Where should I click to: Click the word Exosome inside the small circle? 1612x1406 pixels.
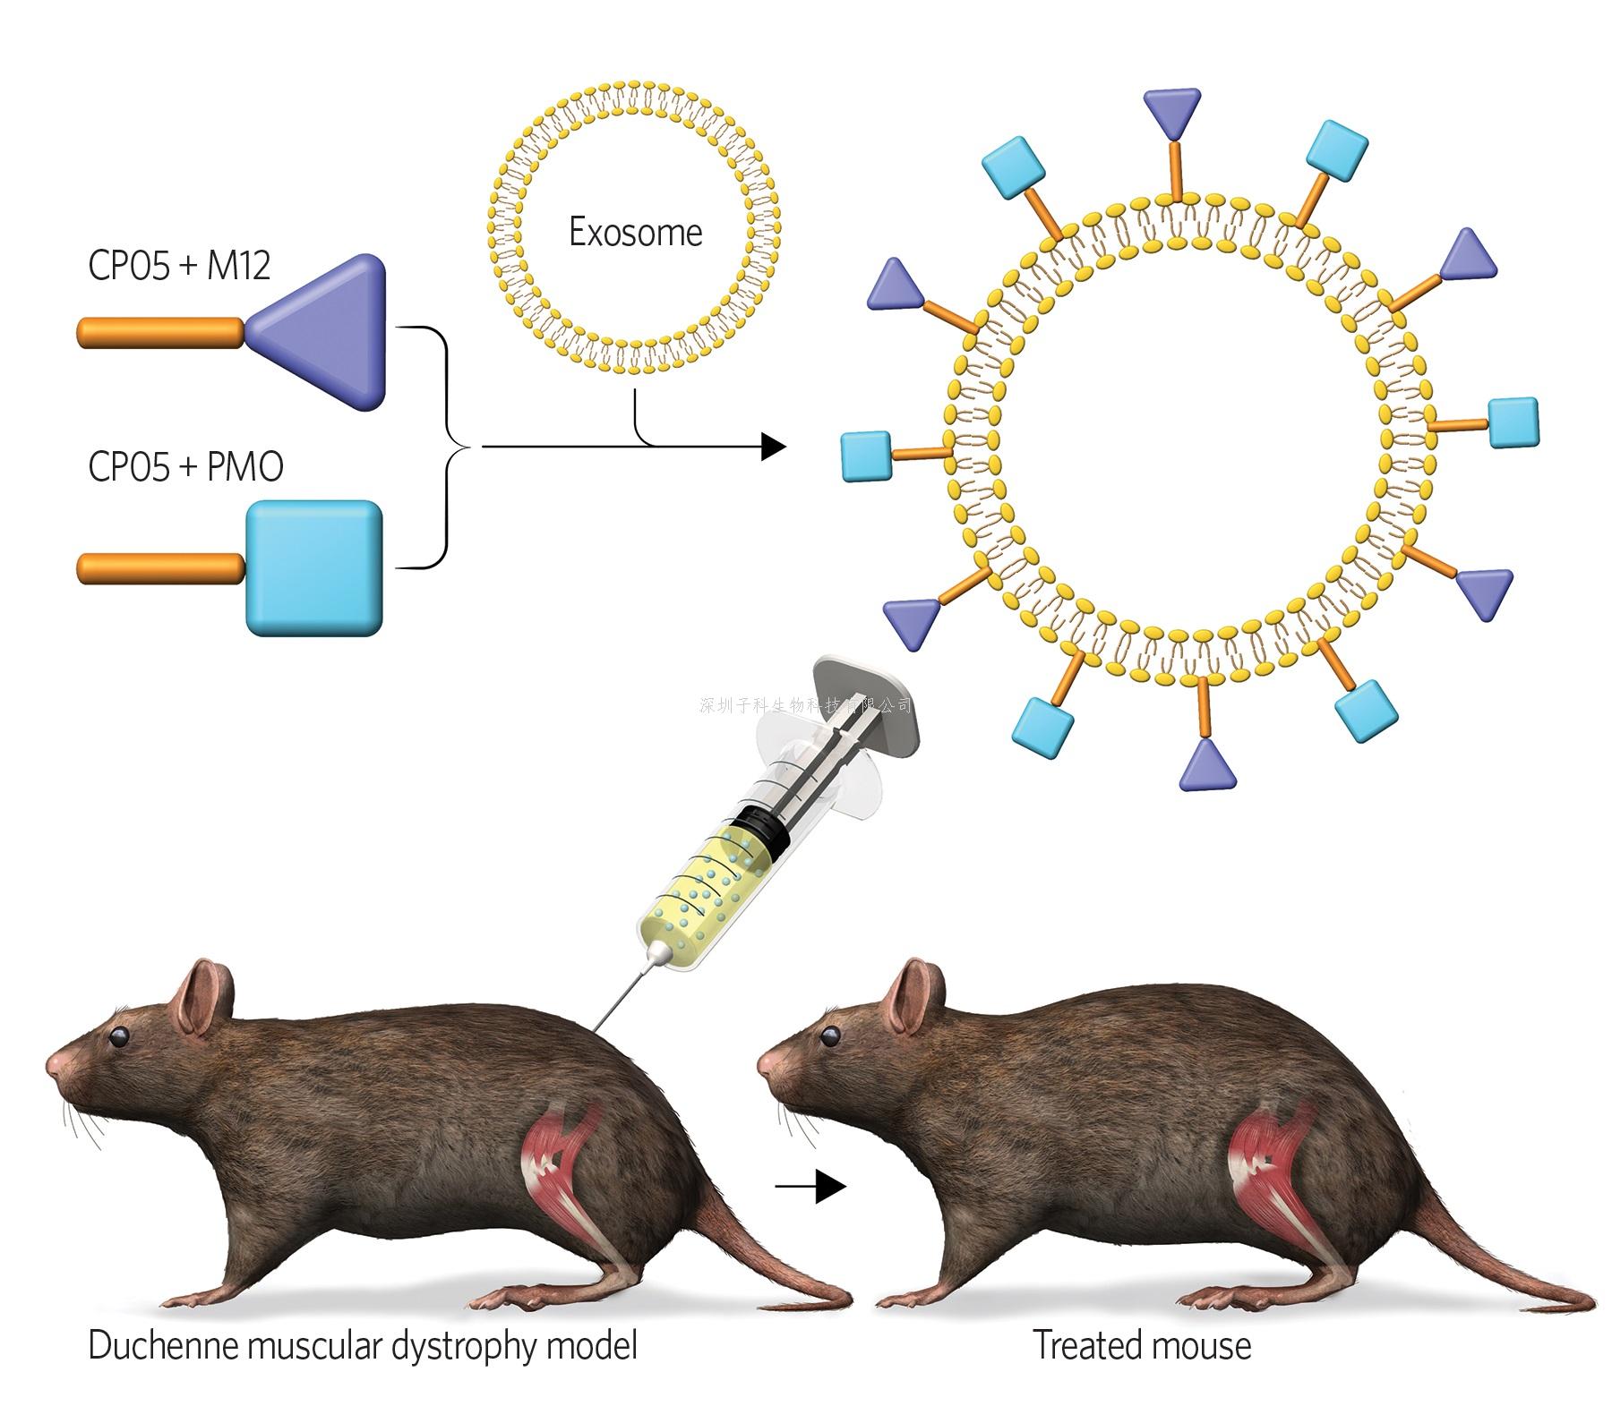635,233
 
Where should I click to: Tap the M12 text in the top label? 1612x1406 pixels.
238,266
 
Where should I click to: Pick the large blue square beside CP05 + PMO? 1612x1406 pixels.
314,568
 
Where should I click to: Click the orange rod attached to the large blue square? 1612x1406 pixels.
161,568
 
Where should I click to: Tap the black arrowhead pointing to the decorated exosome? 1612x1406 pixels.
772,446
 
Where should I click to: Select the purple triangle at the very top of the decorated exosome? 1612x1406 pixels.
1172,108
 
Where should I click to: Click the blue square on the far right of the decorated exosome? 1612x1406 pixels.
1513,422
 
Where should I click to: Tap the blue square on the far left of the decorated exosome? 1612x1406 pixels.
866,456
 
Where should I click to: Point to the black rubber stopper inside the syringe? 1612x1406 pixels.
760,827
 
